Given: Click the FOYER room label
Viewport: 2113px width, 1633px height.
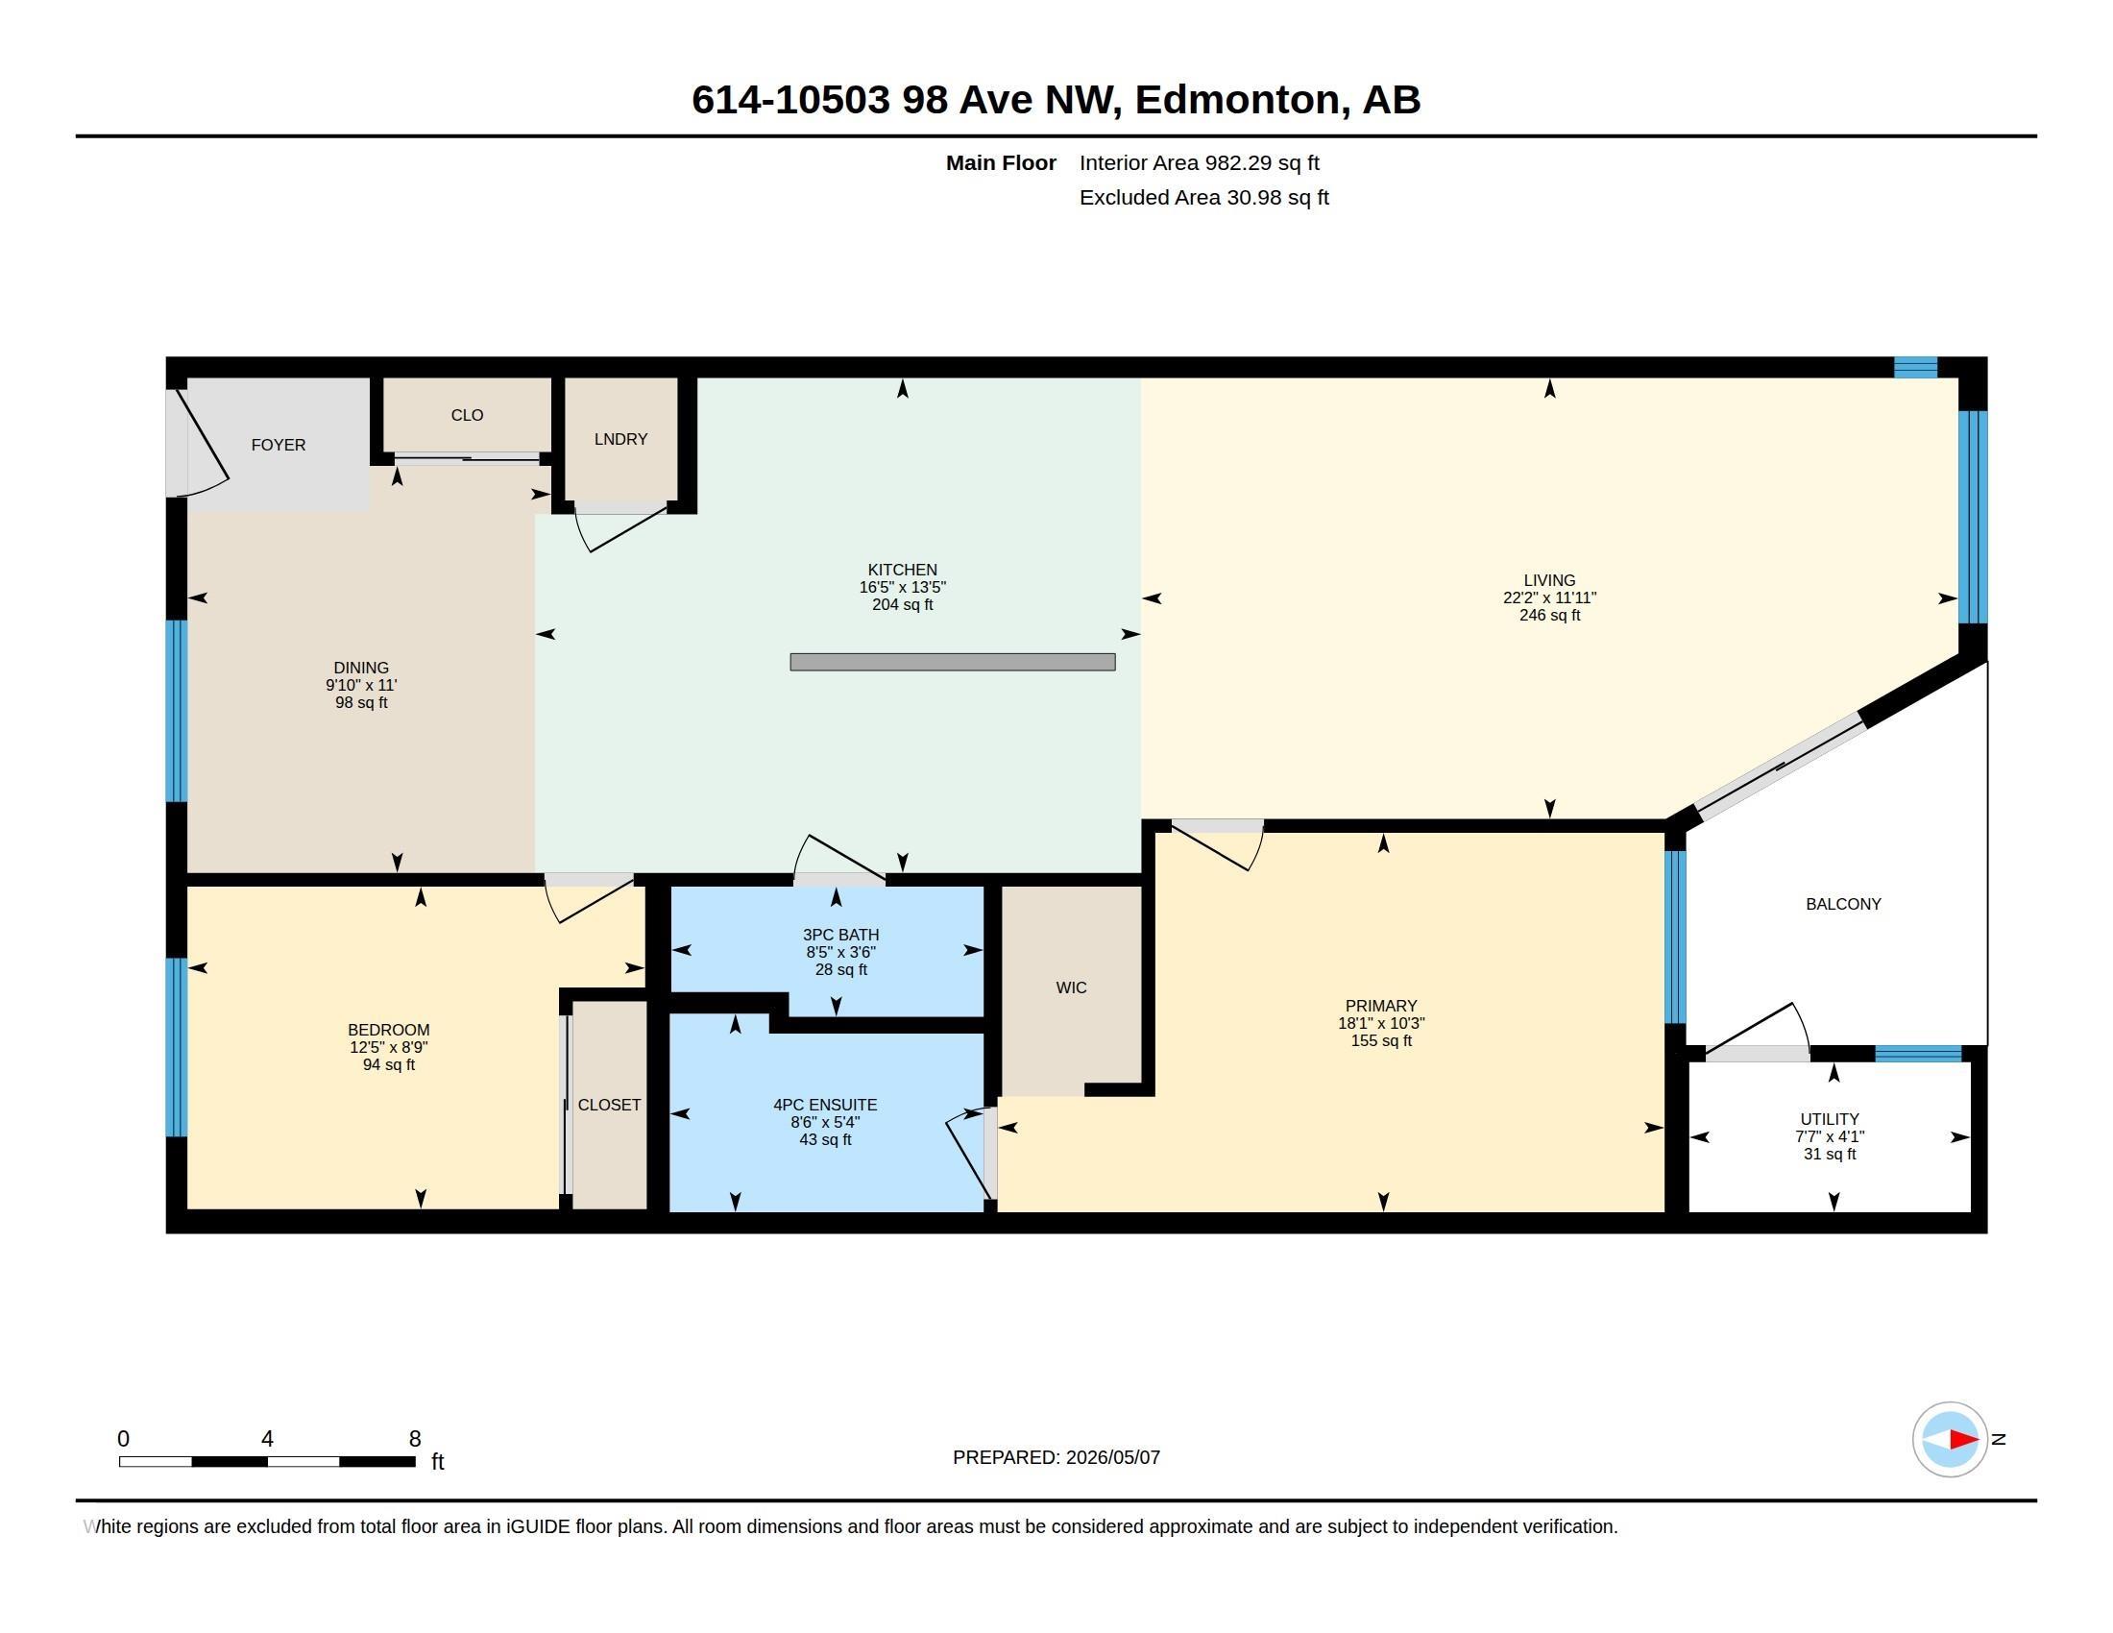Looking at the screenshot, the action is [279, 445].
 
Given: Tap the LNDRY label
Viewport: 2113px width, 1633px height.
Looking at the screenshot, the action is [621, 439].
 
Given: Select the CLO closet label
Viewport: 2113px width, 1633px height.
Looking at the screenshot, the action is [468, 415].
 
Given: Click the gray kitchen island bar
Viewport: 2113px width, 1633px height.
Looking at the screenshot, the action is [953, 662].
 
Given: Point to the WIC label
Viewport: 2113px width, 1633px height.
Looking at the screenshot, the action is [1071, 987].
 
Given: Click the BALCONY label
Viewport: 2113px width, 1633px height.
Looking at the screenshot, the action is [1843, 904].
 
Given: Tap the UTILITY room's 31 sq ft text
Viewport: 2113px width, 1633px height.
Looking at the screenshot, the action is [1830, 1154].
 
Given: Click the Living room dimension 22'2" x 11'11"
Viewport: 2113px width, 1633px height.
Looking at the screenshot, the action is [1549, 597].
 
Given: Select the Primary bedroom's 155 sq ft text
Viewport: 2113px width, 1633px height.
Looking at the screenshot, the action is [1381, 1041].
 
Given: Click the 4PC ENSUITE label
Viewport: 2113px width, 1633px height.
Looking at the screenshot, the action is [825, 1105].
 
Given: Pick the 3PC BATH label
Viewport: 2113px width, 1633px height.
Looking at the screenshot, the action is [840, 935].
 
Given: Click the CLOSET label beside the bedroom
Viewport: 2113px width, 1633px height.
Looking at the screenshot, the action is [610, 1105].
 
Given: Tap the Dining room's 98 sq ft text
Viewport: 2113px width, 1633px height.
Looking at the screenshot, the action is [362, 702].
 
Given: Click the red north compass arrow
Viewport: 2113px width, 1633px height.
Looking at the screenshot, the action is [1962, 1440].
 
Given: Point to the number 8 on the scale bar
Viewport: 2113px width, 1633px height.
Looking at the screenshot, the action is [415, 1439].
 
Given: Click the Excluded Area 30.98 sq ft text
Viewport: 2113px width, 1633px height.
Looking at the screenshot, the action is [1204, 197].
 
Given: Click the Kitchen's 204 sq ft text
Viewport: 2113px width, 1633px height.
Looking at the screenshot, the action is [903, 604].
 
